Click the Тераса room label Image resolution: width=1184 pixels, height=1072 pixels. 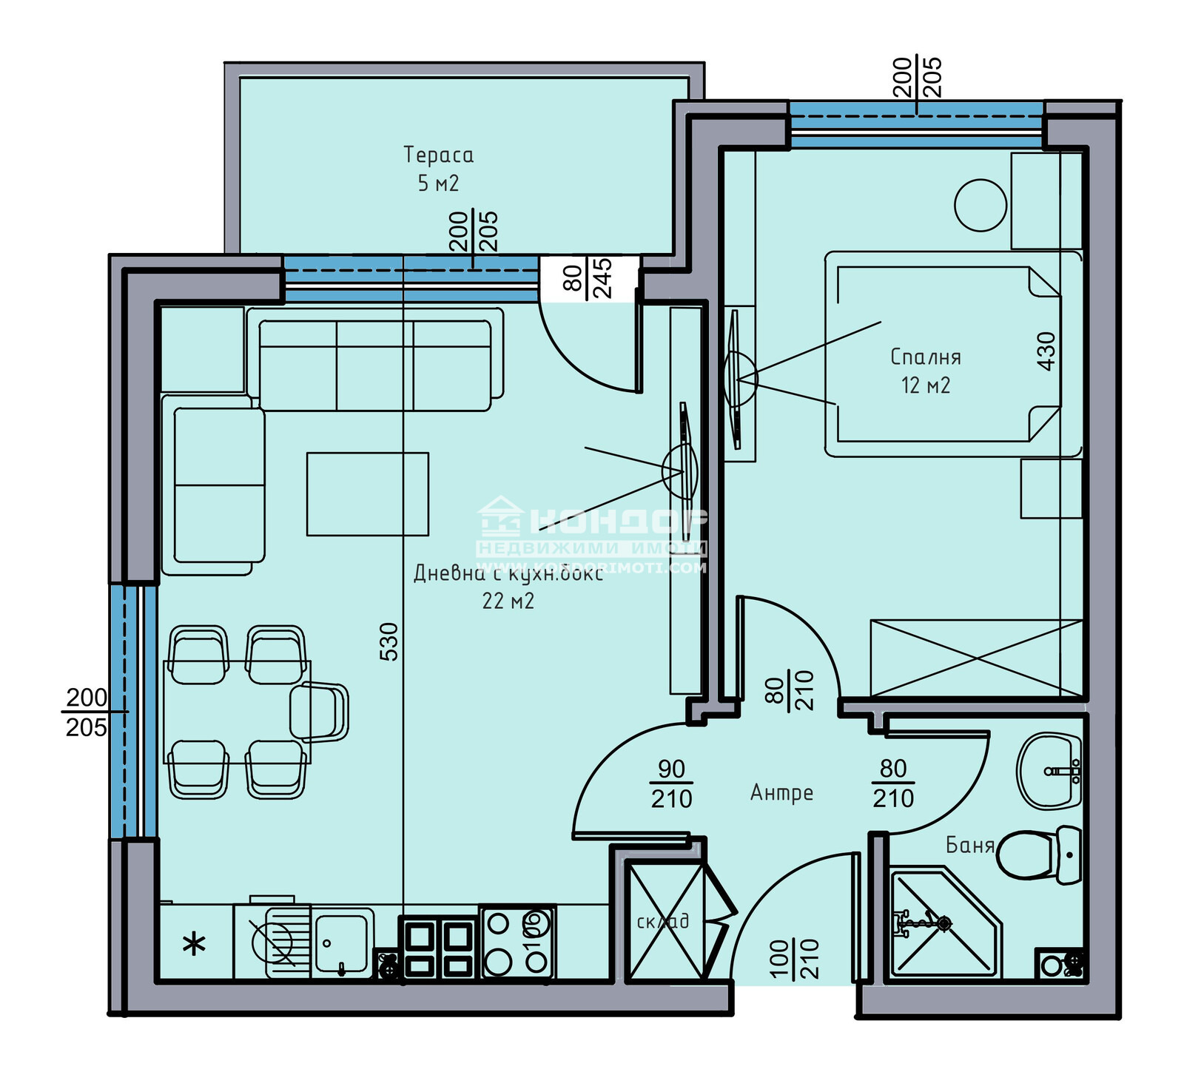[438, 155]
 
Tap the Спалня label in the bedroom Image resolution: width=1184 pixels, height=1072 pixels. [925, 357]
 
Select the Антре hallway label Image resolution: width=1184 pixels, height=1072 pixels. [781, 793]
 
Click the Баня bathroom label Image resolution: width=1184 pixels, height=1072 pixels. [969, 845]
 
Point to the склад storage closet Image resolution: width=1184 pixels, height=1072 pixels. [664, 922]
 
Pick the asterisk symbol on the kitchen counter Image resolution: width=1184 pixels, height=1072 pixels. [194, 944]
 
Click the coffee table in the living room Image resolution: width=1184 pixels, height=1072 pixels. [368, 493]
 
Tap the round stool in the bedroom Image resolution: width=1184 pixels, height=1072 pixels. [980, 206]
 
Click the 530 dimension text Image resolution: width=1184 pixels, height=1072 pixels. [389, 641]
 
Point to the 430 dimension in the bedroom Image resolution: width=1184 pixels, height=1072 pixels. [1046, 351]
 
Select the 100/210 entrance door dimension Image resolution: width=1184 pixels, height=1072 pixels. [794, 959]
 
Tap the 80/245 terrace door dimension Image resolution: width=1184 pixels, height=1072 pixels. [588, 277]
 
